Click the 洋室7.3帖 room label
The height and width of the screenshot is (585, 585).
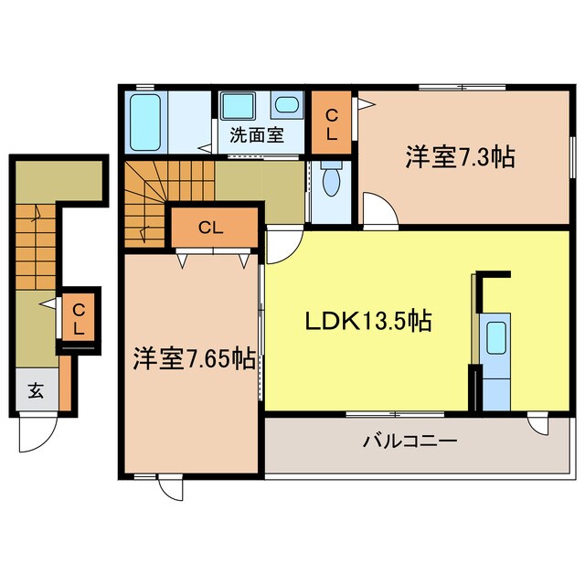[x=459, y=157]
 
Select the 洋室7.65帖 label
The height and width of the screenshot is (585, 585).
[x=193, y=358]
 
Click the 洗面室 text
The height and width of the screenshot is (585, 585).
[x=256, y=136]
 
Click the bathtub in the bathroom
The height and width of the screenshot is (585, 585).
[x=145, y=122]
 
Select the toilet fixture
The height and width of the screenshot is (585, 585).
[x=331, y=179]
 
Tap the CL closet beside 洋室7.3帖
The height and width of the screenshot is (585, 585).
[x=332, y=122]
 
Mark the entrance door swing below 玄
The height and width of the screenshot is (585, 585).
[x=34, y=433]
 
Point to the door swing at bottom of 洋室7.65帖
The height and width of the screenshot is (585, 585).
[x=170, y=486]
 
